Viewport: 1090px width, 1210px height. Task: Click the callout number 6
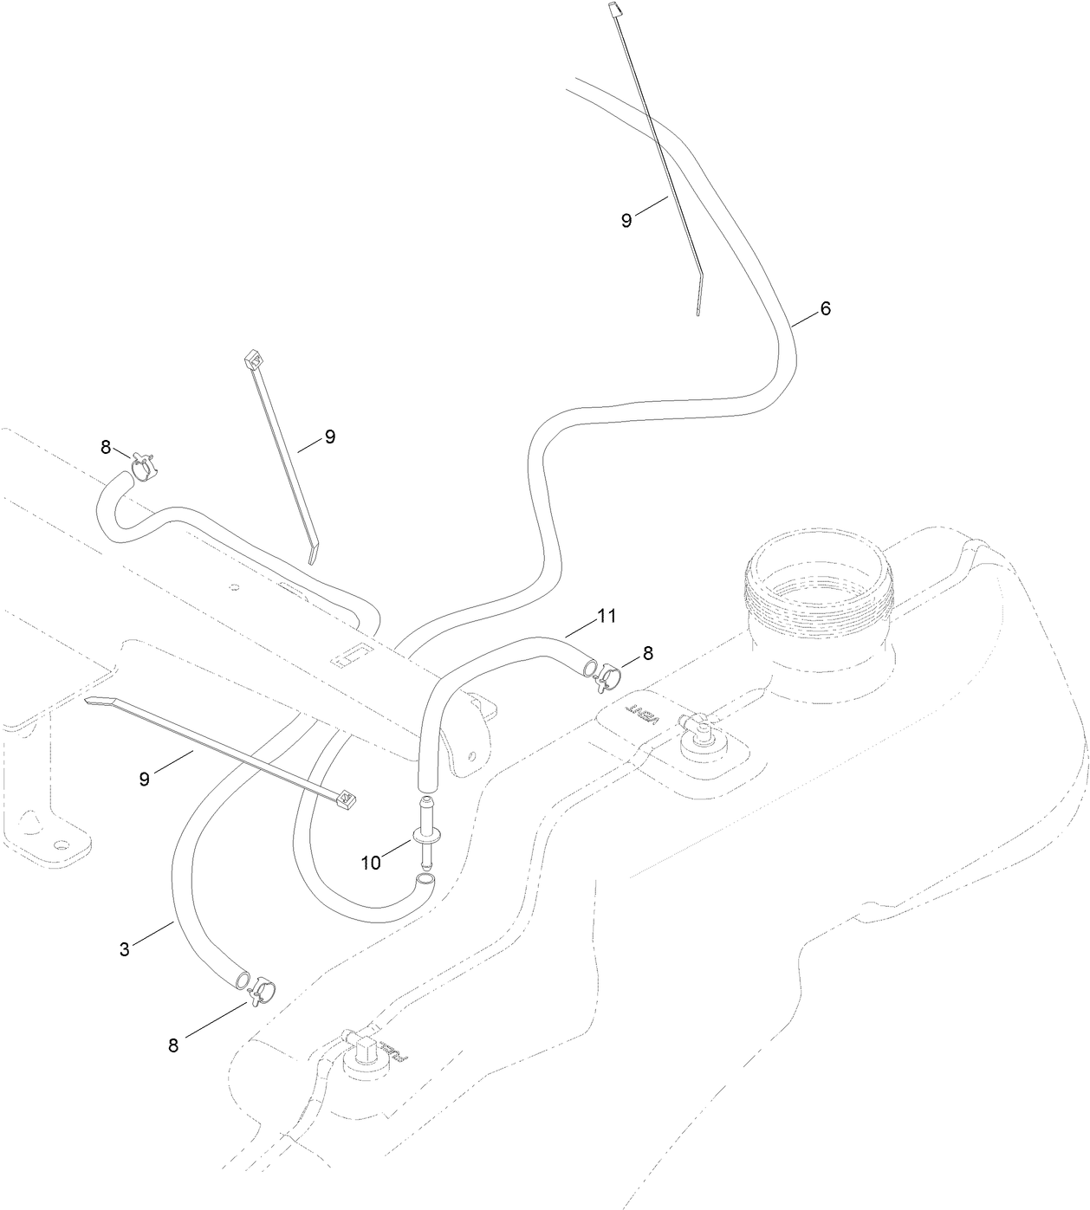pos(825,308)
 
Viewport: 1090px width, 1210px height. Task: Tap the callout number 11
pos(606,616)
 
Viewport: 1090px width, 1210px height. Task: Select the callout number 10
pos(371,863)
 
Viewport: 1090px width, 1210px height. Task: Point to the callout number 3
pos(125,949)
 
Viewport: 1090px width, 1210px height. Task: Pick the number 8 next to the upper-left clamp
pos(106,447)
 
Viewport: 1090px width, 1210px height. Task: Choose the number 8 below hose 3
pos(173,1045)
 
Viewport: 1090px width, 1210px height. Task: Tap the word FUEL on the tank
pos(395,1050)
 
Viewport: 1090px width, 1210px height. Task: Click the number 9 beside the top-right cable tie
pos(626,220)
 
